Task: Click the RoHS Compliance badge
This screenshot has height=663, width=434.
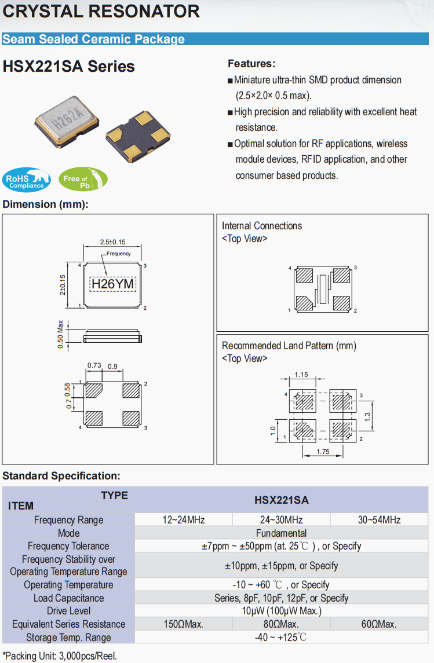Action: (x=26, y=180)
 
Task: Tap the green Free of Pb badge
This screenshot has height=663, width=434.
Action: (x=83, y=180)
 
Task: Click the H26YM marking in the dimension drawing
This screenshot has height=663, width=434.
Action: (x=113, y=284)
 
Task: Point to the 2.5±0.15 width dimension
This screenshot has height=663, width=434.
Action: (x=113, y=241)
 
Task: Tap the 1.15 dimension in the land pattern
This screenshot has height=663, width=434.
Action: (x=301, y=375)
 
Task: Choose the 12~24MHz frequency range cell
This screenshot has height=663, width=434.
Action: (x=184, y=520)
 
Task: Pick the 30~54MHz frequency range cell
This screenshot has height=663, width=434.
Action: (x=379, y=520)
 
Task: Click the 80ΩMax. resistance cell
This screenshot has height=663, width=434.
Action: (x=281, y=624)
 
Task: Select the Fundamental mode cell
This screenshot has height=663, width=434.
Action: (x=281, y=533)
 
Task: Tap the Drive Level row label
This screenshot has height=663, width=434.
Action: (x=68, y=611)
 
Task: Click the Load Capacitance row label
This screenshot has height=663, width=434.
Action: (x=68, y=598)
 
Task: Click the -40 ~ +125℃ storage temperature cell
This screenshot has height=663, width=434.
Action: (x=281, y=638)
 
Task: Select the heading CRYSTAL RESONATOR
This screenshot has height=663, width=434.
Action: (x=101, y=11)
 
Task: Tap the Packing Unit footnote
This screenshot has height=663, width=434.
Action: (x=60, y=656)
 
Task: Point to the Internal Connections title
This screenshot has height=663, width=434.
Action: (x=262, y=226)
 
